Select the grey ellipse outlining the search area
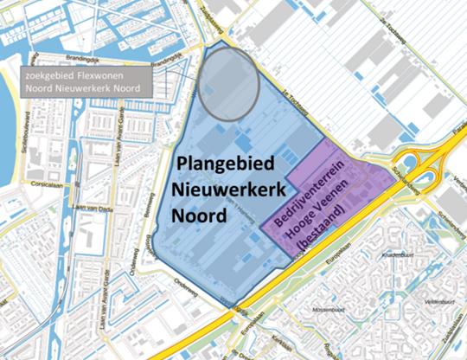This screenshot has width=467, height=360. [228, 80]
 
